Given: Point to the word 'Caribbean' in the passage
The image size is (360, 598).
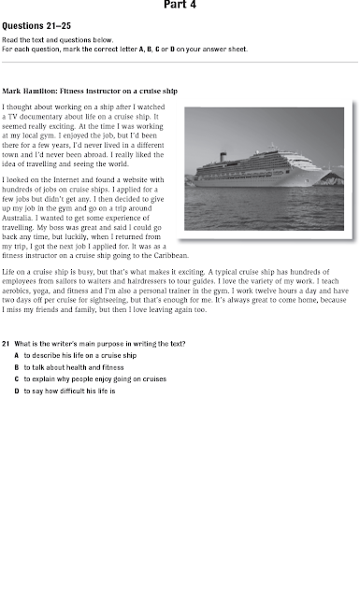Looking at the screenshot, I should click(x=169, y=255).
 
